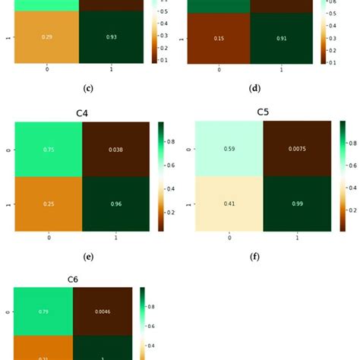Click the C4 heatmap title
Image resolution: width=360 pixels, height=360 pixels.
tap(83, 114)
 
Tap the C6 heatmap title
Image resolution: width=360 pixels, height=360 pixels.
tap(73, 279)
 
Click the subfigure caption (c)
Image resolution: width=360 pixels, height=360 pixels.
tap(88, 88)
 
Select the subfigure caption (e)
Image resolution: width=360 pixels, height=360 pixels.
tap(88, 257)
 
